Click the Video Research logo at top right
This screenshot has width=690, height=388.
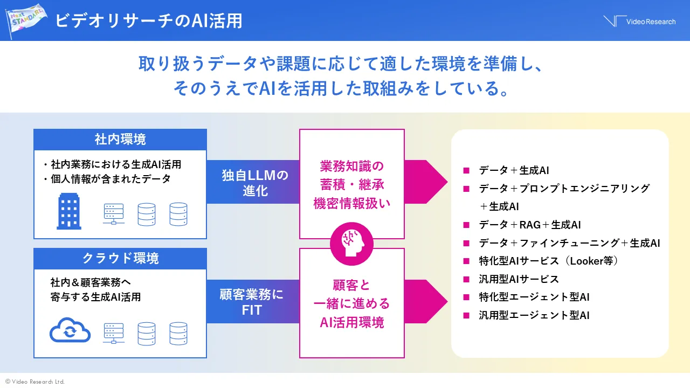639,21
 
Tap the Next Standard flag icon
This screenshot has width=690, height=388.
27,20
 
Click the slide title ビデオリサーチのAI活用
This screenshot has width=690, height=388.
149,20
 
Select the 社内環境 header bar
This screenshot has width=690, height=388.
120,140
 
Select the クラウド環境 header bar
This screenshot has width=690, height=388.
120,259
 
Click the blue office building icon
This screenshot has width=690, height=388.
69,212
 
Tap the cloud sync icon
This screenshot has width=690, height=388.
70,331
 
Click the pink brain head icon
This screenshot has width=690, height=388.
351,244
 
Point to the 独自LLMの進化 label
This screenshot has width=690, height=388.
255,183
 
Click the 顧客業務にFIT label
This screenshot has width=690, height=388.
252,302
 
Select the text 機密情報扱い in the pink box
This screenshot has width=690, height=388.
351,204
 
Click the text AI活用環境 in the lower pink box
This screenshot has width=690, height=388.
351,322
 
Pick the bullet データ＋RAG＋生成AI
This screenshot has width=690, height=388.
529,225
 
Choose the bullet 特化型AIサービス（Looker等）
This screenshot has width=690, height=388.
548,261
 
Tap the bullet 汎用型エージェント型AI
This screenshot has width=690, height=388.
534,315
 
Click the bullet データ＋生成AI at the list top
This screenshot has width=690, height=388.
514,170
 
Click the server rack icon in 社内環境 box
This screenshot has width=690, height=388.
113,214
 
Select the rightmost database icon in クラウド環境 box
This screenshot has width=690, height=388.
178,333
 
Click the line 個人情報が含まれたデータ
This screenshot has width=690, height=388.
111,179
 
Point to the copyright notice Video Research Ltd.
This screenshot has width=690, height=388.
35,382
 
